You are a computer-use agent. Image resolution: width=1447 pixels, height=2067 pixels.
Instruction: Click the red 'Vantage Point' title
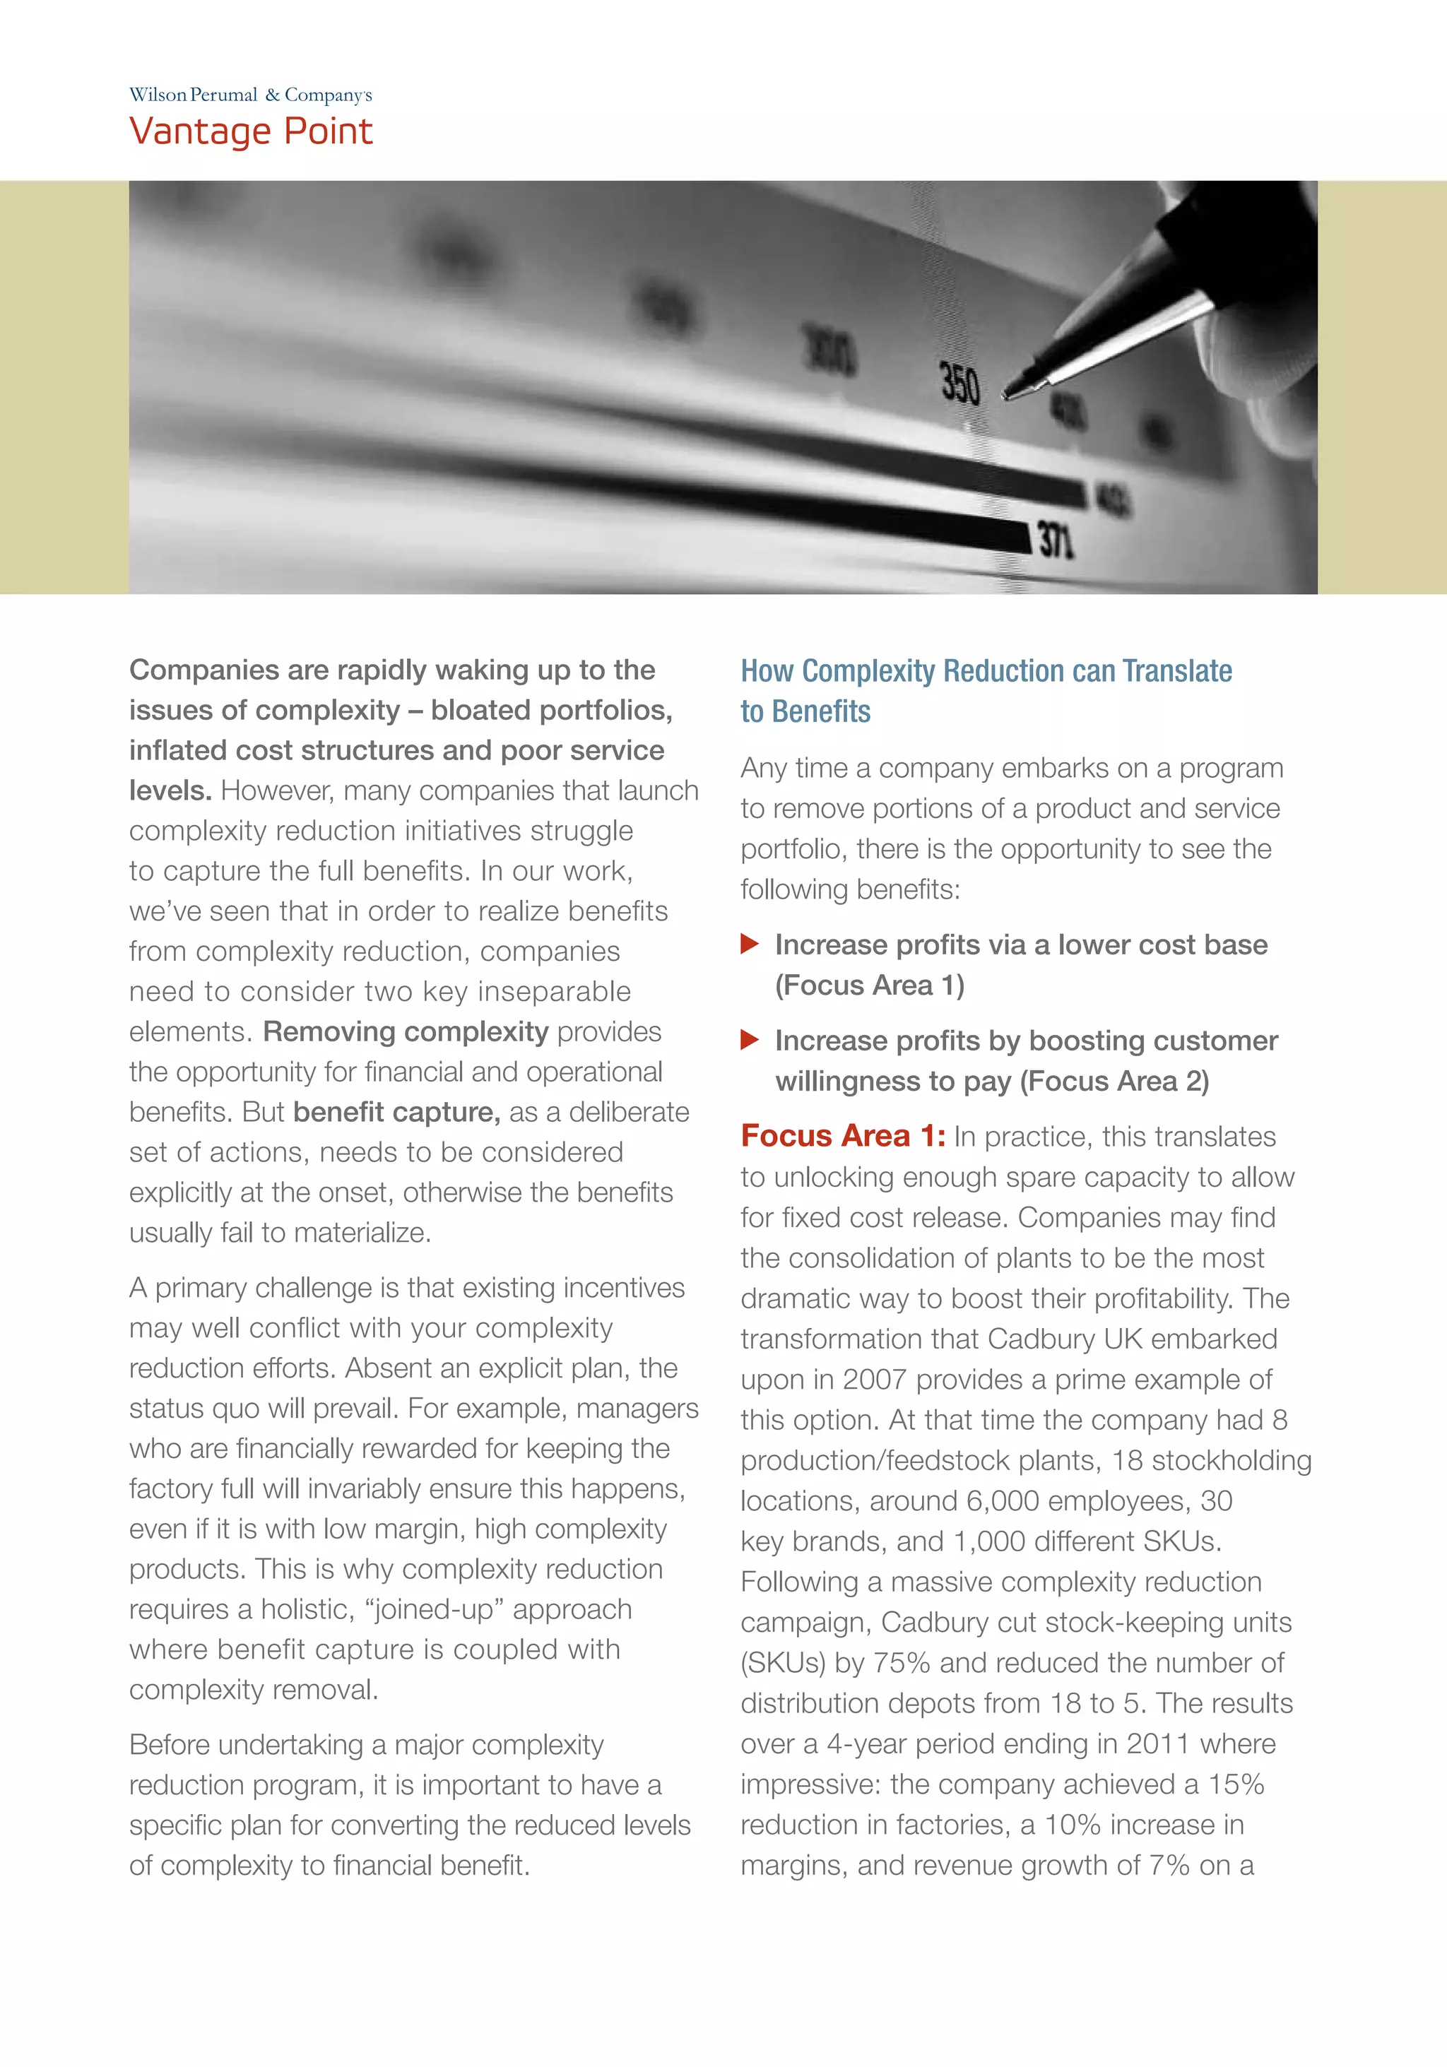coord(250,131)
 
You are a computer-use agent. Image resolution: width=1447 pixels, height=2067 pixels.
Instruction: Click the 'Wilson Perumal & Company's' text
coord(250,95)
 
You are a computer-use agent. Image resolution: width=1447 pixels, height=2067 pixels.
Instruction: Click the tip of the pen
coord(1008,394)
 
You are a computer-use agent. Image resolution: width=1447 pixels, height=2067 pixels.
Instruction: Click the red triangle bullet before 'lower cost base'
coord(749,944)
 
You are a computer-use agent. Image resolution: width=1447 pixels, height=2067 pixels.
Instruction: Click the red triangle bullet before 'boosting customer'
coord(749,1040)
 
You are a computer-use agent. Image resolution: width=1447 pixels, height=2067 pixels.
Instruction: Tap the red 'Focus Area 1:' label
coord(843,1136)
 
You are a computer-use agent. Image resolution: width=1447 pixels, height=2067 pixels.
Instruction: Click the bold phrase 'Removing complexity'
coord(405,1031)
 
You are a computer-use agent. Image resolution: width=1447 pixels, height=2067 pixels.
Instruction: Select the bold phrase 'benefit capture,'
coord(396,1112)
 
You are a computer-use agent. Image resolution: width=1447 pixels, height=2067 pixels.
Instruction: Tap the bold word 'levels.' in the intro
coord(170,790)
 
